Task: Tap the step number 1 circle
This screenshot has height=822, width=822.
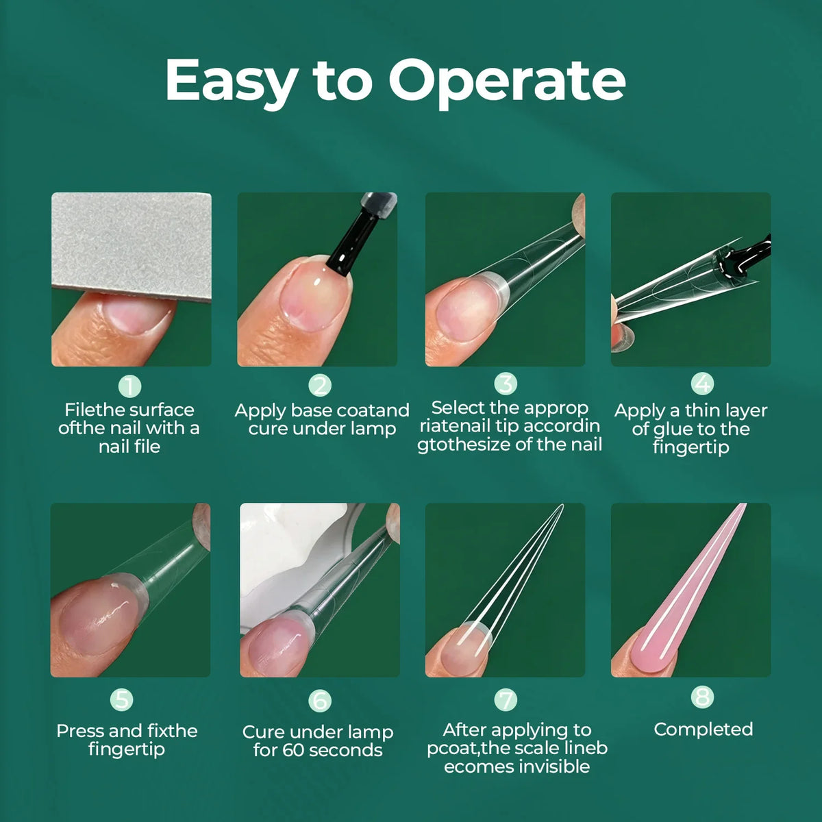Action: pos(129,386)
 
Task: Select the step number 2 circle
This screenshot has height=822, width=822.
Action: pos(320,386)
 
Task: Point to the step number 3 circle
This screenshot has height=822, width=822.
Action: pos(506,384)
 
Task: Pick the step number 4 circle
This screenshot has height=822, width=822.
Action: pos(702,383)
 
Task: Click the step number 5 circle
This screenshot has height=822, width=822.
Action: pos(121,700)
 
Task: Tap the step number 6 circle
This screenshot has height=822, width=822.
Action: pos(320,701)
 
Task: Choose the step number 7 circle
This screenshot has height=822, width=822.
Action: pos(506,700)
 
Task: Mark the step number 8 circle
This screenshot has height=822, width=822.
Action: pos(702,697)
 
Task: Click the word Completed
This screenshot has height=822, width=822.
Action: pos(703,730)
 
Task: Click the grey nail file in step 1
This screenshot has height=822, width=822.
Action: pos(132,245)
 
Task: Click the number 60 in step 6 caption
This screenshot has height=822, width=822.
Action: pos(293,751)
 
